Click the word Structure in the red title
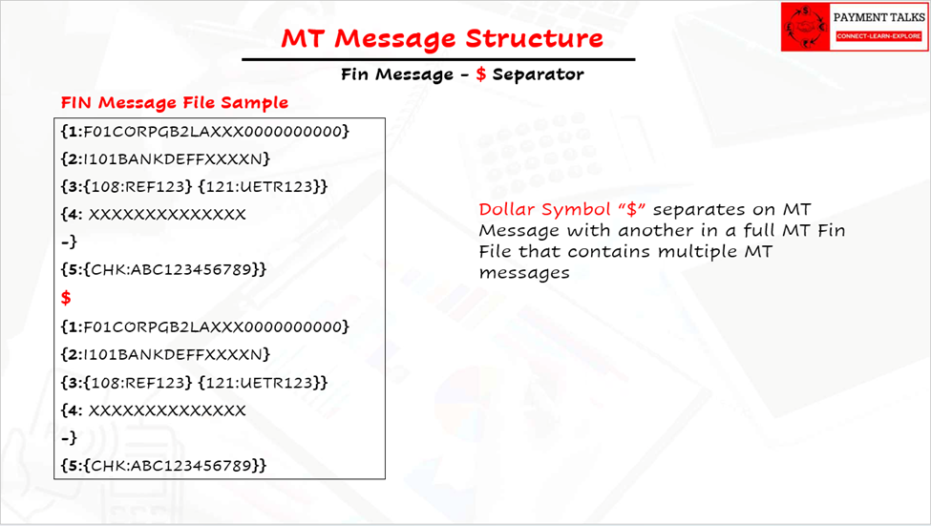point(534,38)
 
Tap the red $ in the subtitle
point(481,74)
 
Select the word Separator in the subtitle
point(538,74)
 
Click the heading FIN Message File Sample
point(175,103)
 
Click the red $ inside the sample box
point(66,298)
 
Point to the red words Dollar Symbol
point(544,209)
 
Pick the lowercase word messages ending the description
point(524,273)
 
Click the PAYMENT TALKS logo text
point(878,18)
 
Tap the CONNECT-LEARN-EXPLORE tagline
point(878,36)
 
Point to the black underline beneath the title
point(438,59)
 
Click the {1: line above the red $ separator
point(205,131)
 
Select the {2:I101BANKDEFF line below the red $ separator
point(165,354)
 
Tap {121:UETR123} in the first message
point(263,186)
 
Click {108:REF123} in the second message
point(138,383)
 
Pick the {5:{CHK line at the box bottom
point(164,466)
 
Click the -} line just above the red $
point(69,242)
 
